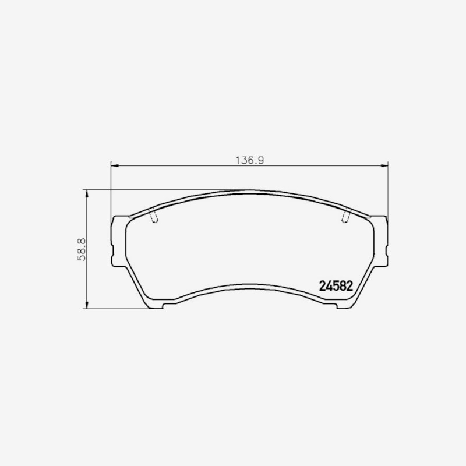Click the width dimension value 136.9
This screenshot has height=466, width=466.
point(250,160)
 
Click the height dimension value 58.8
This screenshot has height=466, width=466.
point(82,249)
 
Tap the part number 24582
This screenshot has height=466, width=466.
point(336,286)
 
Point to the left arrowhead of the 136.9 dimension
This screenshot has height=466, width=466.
point(115,165)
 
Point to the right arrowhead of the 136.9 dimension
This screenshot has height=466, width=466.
point(384,165)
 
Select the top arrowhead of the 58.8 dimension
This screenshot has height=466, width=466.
point(87,193)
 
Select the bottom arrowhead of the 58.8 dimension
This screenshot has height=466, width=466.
point(87,305)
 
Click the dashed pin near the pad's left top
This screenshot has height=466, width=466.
point(153,216)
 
